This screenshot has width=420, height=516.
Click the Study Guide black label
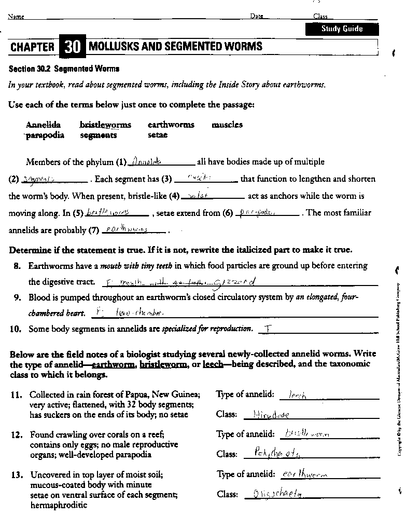point(342,29)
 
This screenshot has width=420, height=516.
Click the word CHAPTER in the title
point(32,47)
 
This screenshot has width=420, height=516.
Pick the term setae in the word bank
point(158,135)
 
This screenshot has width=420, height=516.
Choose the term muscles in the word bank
point(227,125)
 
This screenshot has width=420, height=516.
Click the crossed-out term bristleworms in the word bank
point(105,125)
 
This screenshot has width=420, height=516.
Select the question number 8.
point(17,266)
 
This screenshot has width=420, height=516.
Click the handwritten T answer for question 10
point(268,329)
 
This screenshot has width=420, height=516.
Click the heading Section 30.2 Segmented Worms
point(64,69)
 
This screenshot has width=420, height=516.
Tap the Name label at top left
point(16,16)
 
